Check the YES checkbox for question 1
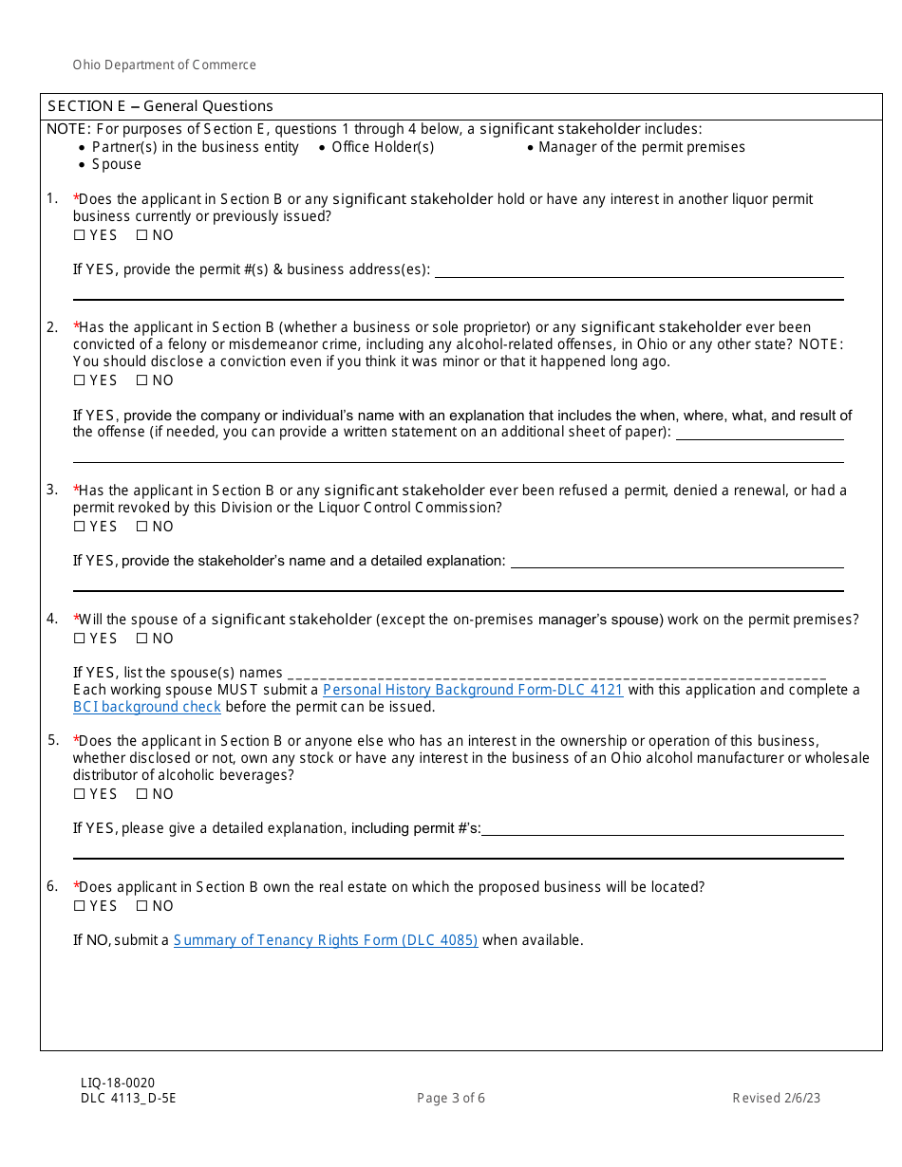pos(80,235)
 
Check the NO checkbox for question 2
pos(142,380)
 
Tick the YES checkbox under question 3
pos(80,527)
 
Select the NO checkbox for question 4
pos(142,639)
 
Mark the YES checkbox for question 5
pos(80,794)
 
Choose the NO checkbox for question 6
pos(142,906)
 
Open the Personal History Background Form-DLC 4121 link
pos(473,690)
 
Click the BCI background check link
pos(147,707)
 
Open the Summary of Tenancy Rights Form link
pos(326,940)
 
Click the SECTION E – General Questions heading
pos(160,106)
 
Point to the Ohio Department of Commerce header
pos(164,65)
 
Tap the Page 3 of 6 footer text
pos(451,1099)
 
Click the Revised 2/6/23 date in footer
pos(776,1099)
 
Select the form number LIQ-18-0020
pos(118,1083)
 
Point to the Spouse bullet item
pos(116,164)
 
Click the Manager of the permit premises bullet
pos(642,147)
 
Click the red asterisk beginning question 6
pos(76,886)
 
